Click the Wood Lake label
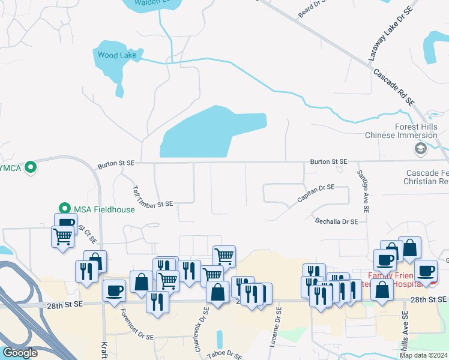coord(117,55)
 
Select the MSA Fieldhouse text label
coord(95,209)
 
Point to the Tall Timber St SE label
coord(152,197)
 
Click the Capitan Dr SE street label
coord(324,193)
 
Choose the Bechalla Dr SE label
coord(336,221)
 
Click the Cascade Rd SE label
coord(394,88)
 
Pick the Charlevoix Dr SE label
coord(201,329)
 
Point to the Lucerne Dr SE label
coord(279,328)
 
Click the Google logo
coord(20,353)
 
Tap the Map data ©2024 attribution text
coord(424,355)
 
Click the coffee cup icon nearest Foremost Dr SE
coord(114,291)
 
